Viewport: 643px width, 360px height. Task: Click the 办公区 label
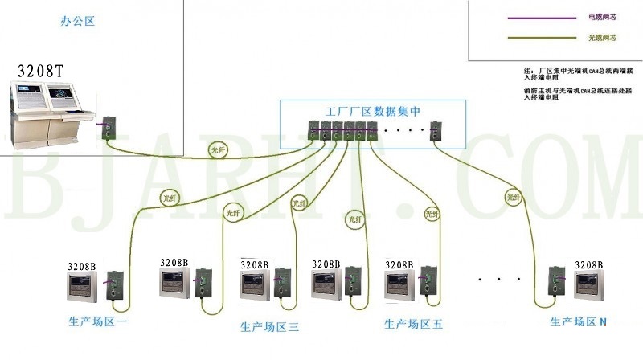click(x=78, y=22)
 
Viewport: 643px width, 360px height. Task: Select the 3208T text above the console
click(x=41, y=71)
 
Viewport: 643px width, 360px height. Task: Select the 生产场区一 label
click(x=97, y=322)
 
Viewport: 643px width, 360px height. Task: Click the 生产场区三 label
click(x=270, y=327)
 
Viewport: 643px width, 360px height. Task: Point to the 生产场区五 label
click(x=413, y=325)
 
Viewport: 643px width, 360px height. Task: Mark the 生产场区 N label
click(x=579, y=322)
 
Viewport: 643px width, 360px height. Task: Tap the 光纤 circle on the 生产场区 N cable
click(x=512, y=195)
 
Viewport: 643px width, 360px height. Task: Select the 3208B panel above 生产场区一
click(x=84, y=285)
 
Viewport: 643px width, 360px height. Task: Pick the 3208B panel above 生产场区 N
click(x=588, y=285)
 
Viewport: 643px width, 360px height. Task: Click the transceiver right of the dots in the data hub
click(x=436, y=129)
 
